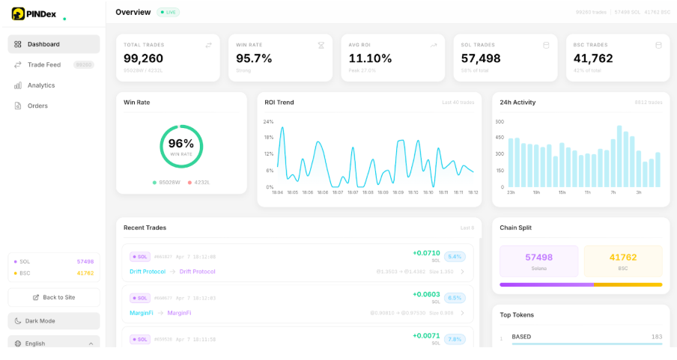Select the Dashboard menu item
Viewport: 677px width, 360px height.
point(53,44)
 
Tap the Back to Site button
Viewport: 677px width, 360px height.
point(54,297)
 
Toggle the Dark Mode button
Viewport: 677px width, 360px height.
point(54,321)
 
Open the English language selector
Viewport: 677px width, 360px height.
point(54,344)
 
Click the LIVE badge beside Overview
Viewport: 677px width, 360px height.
point(168,13)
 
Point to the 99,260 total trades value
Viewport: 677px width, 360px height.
point(144,58)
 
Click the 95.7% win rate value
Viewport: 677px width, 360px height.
point(254,58)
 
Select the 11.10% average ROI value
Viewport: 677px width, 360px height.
point(370,58)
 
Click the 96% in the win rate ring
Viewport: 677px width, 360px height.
point(181,144)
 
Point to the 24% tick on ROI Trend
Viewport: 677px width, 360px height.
point(268,121)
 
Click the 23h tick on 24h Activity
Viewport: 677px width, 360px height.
point(511,192)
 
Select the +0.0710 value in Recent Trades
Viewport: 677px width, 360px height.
point(426,253)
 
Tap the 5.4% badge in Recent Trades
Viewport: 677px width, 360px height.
point(455,257)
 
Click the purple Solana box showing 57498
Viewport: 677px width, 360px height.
point(539,261)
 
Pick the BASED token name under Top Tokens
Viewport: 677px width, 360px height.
point(521,337)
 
